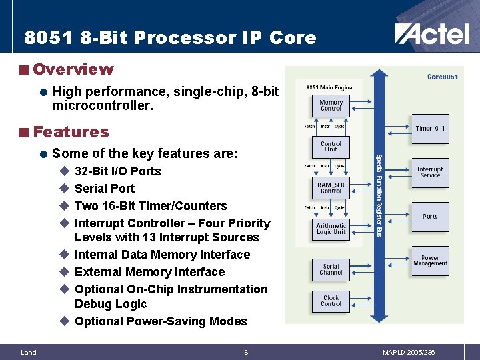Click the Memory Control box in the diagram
(x=331, y=105)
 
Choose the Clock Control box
(x=331, y=301)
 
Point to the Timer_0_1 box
(x=430, y=128)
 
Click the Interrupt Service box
(x=430, y=172)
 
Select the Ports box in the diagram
(x=430, y=216)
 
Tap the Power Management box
(x=430, y=260)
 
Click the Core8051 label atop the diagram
(x=442, y=77)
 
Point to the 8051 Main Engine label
(x=329, y=87)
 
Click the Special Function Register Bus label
(x=379, y=195)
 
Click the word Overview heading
(x=73, y=69)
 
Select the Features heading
(x=70, y=132)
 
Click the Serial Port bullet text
(x=104, y=189)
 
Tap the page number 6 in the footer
(x=245, y=352)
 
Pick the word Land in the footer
(x=29, y=352)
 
